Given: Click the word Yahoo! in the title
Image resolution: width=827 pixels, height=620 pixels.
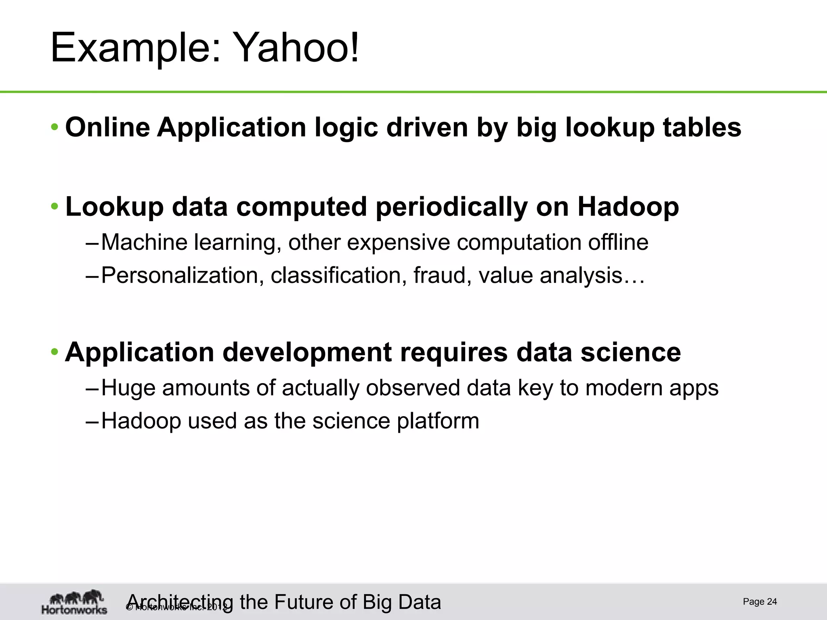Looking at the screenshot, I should pos(297,48).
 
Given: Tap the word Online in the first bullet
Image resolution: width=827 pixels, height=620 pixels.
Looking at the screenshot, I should pos(107,127).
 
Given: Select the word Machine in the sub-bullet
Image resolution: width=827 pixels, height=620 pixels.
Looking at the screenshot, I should pos(144,242).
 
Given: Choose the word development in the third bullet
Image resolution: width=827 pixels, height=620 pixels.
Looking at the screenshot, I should pos(307,352).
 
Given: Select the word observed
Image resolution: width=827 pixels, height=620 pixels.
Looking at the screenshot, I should pos(413,388).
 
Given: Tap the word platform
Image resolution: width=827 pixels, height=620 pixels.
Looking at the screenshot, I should pos(438,421).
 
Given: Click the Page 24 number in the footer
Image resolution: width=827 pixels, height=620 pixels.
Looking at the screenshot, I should pos(760,602).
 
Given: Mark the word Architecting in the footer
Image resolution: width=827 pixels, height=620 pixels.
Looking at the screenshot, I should pos(180,602).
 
